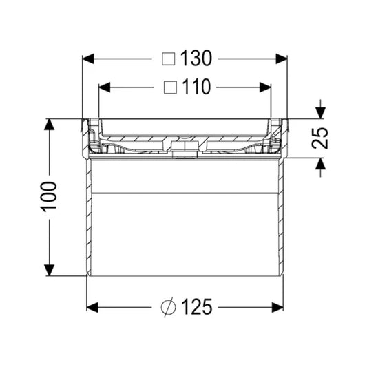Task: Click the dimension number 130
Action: (196, 58)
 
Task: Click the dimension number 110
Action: (196, 87)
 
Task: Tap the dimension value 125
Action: (197, 306)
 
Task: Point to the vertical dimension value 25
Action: (320, 138)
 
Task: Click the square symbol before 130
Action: (169, 59)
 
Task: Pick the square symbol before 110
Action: (170, 87)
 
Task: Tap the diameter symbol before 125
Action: (168, 307)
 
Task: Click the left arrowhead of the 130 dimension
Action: (88, 59)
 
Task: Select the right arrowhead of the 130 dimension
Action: (282, 59)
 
